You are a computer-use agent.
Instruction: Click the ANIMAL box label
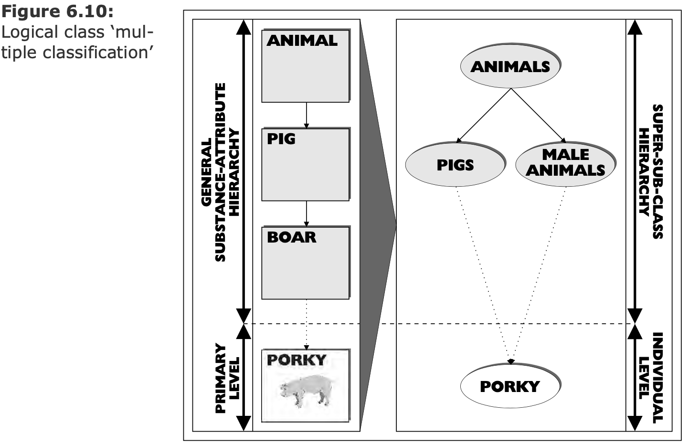(x=302, y=41)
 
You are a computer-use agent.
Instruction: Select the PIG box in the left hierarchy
(x=305, y=164)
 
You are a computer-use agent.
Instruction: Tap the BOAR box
(x=305, y=263)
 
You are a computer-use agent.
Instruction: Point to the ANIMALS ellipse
(x=510, y=66)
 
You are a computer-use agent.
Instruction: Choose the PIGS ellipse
(x=455, y=165)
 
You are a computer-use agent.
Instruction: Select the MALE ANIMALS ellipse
(x=565, y=163)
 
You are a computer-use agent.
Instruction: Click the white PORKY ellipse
(x=509, y=386)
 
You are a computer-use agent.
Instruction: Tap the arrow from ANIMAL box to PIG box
(x=306, y=115)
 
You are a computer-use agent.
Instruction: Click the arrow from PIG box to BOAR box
(x=306, y=213)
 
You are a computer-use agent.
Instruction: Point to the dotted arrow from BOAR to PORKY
(x=306, y=325)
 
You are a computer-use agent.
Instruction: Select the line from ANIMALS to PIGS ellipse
(x=484, y=115)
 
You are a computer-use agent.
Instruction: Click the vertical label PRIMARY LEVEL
(x=227, y=378)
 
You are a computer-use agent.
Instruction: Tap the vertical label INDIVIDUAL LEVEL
(x=651, y=378)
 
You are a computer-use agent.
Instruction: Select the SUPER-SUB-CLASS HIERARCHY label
(x=651, y=172)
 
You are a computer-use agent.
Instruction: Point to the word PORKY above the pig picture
(x=296, y=360)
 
